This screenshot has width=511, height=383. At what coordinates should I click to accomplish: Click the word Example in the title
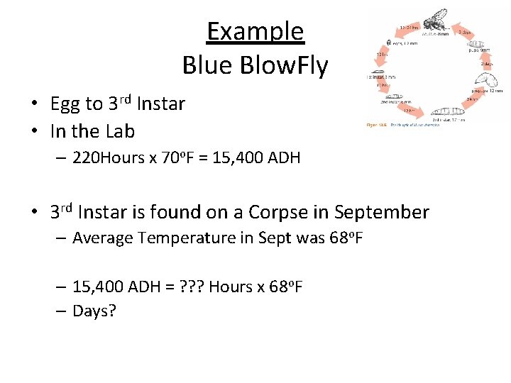(255, 32)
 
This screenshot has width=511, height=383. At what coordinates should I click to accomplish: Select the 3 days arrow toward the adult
(465, 32)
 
